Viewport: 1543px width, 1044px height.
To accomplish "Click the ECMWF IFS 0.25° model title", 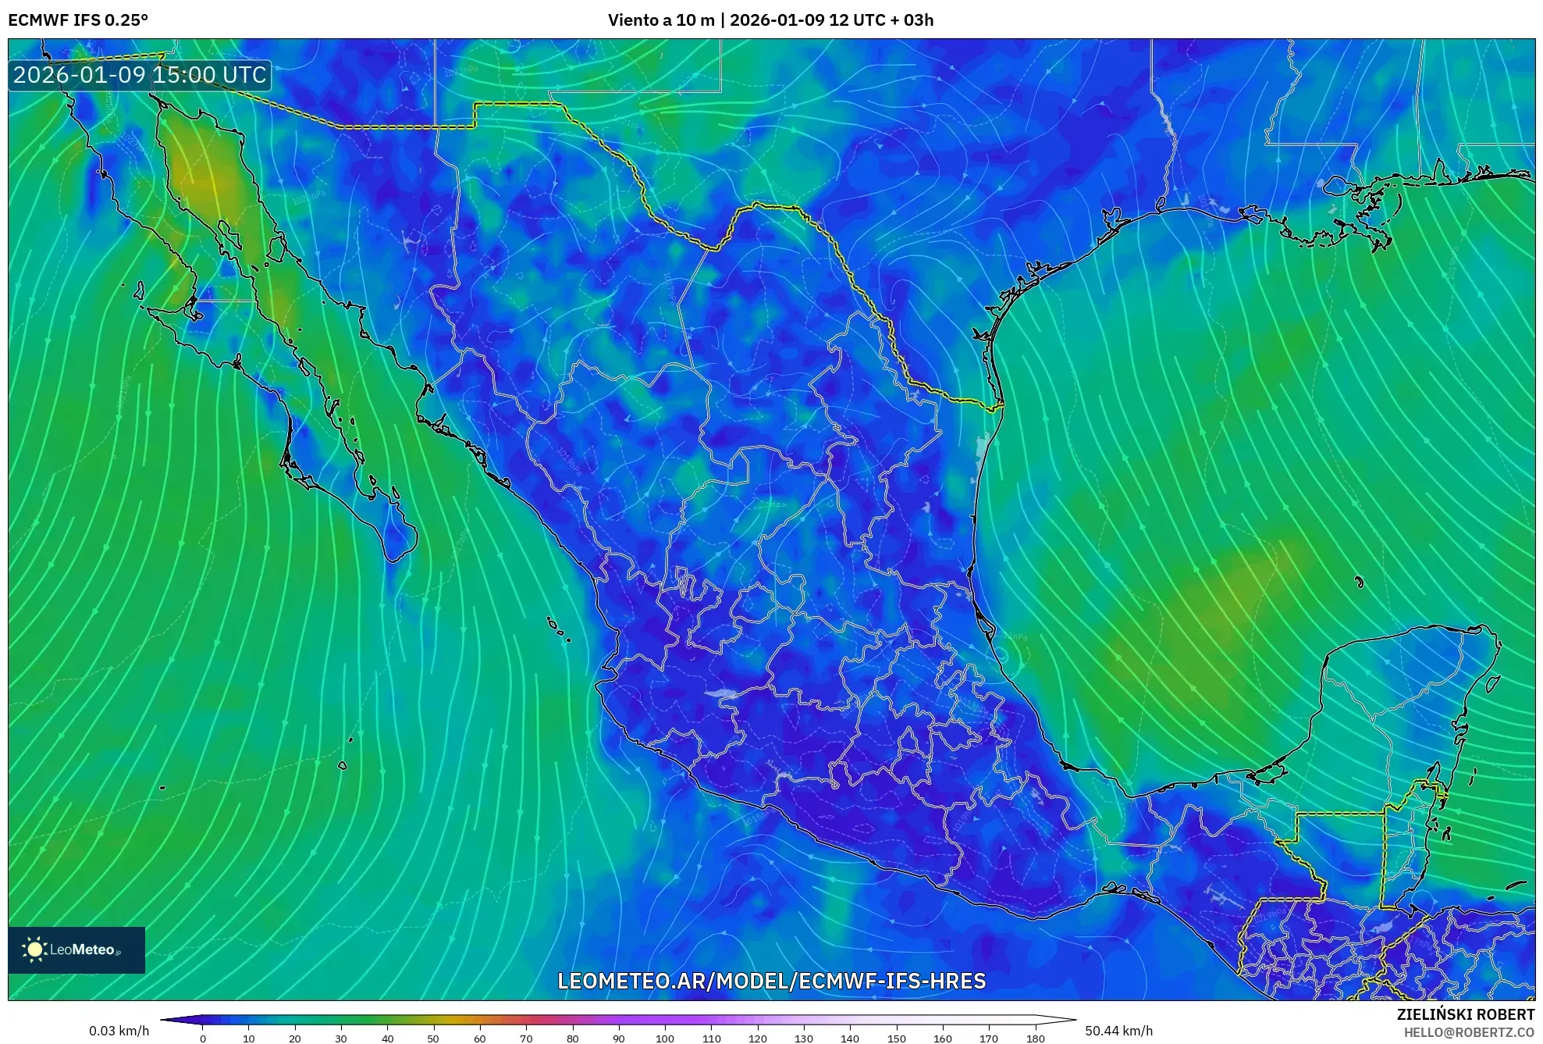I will [x=78, y=20].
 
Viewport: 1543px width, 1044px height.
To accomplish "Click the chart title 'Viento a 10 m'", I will [x=661, y=20].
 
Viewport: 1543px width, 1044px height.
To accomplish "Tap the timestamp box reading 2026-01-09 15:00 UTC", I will [x=140, y=76].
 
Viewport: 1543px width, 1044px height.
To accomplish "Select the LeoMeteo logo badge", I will [x=76, y=950].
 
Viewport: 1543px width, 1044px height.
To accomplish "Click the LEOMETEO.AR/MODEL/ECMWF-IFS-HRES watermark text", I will [x=771, y=981].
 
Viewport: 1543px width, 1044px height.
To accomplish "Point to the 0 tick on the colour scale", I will [x=203, y=1039].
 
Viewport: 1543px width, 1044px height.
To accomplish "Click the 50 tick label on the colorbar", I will [x=433, y=1039].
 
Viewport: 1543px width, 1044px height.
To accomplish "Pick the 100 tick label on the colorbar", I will [x=664, y=1039].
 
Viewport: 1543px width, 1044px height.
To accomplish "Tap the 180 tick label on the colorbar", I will [x=1035, y=1039].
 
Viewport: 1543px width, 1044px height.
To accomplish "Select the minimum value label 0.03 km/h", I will [x=119, y=1031].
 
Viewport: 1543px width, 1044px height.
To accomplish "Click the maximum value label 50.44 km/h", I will [x=1118, y=1031].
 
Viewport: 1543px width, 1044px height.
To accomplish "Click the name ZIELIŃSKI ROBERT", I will [x=1465, y=1014].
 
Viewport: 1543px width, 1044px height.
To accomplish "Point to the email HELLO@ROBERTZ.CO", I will [x=1469, y=1032].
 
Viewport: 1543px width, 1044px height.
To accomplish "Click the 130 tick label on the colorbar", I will [x=803, y=1039].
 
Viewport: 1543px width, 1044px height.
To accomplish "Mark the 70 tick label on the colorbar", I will [x=526, y=1039].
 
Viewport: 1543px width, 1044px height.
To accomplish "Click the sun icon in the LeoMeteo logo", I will [x=34, y=950].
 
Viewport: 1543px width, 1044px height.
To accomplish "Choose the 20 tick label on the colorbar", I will [x=294, y=1039].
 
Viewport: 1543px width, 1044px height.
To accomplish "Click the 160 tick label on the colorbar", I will [x=942, y=1039].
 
